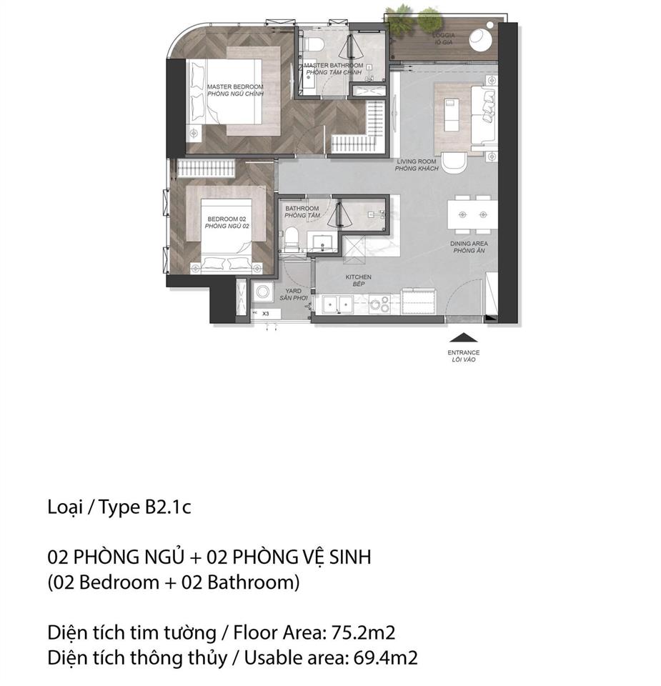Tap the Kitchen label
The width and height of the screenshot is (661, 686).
(358, 280)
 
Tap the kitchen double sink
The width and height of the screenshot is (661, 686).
(337, 305)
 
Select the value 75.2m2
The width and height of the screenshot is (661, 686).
(368, 632)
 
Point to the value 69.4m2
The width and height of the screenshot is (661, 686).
(385, 657)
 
